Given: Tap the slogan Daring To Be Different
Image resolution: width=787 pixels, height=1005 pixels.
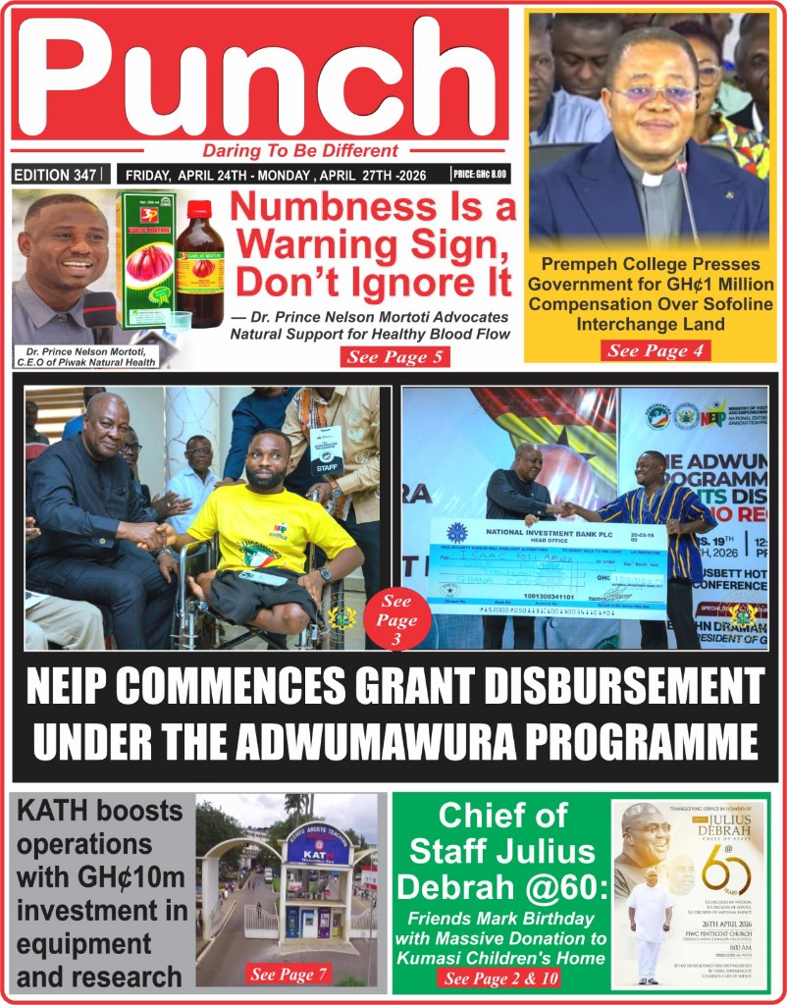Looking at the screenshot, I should click(300, 151).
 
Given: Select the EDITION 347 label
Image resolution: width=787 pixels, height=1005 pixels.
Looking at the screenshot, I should click(56, 175).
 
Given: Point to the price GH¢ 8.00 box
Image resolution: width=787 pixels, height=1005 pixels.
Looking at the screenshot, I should click(480, 175).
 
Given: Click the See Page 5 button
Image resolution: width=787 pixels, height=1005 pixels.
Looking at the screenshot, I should click(395, 357).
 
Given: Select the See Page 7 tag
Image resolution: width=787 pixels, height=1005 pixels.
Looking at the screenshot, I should click(289, 975).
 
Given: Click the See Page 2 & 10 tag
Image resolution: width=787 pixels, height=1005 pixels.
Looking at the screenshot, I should click(498, 979).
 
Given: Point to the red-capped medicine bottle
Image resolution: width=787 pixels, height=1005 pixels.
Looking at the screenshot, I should click(199, 265).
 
